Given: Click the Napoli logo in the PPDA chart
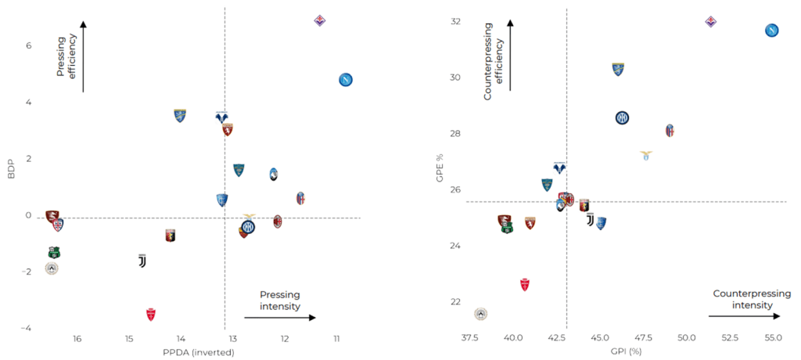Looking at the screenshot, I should click(x=347, y=80).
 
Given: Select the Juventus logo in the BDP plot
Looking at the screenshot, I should click(x=142, y=261).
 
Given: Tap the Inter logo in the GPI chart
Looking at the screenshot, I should click(x=622, y=118).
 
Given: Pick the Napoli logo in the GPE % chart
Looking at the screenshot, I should click(x=771, y=31).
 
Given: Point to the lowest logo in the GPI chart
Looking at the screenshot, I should click(x=481, y=314).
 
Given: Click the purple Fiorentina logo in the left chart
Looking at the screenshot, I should click(x=319, y=20).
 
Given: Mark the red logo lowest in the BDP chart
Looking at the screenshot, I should click(x=151, y=314).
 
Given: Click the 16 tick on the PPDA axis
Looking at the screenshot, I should click(x=77, y=339).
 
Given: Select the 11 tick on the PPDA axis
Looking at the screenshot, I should click(x=336, y=339).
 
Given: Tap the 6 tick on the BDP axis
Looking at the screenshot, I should click(x=28, y=45).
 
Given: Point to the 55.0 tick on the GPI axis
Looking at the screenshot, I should click(x=772, y=338).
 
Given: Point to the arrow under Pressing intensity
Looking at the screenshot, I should click(x=279, y=317).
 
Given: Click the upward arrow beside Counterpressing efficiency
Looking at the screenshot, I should click(x=510, y=55).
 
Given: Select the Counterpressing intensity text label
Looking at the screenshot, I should click(x=743, y=299).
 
